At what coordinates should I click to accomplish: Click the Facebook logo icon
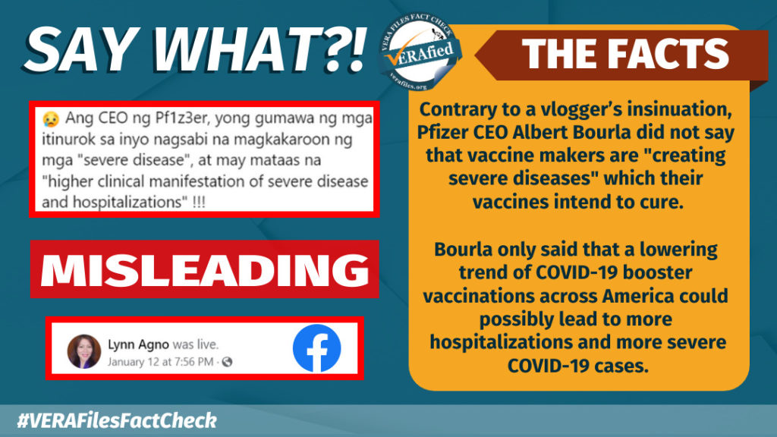[x=316, y=348]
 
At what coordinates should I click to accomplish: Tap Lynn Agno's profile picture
[x=83, y=351]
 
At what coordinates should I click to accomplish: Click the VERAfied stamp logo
[x=420, y=52]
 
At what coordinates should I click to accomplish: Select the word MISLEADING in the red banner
[x=205, y=270]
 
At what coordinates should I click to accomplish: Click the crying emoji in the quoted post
[x=51, y=119]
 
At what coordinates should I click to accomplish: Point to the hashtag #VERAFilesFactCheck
[x=117, y=420]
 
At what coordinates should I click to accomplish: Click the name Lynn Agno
[x=138, y=344]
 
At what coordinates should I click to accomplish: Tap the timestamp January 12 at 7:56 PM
[x=161, y=362]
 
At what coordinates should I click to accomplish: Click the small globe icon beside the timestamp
[x=227, y=362]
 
